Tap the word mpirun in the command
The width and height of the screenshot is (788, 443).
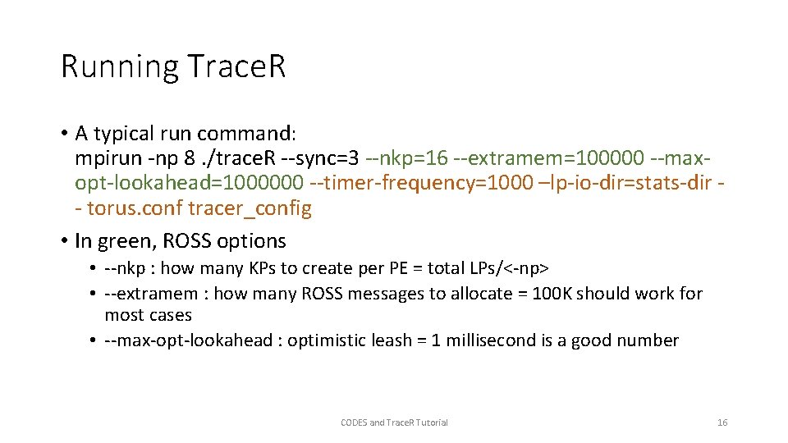pyautogui.click(x=103, y=157)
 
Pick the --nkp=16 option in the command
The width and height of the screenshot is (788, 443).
pyautogui.click(x=408, y=157)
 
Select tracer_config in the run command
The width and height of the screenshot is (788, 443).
pyautogui.click(x=250, y=208)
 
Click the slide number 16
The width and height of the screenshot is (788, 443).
pyautogui.click(x=722, y=422)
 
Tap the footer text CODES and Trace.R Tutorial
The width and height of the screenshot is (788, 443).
pyautogui.click(x=394, y=422)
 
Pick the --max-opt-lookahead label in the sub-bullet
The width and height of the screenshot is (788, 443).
pyautogui.click(x=188, y=340)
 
